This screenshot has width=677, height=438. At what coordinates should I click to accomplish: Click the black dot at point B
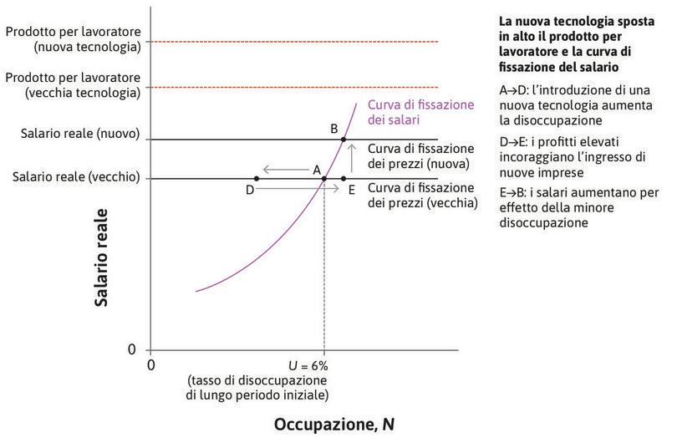click(x=344, y=140)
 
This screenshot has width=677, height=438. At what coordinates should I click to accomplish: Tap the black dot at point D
click(x=256, y=178)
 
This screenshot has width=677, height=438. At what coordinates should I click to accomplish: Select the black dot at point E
click(x=344, y=178)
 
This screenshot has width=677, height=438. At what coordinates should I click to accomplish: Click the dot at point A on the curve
click(x=324, y=178)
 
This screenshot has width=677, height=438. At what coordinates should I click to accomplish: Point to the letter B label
click(x=333, y=128)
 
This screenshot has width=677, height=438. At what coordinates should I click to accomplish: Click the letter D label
click(x=249, y=191)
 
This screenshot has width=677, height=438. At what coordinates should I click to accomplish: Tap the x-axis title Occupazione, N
click(x=333, y=424)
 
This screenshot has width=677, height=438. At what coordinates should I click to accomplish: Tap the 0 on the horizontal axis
click(x=151, y=365)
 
